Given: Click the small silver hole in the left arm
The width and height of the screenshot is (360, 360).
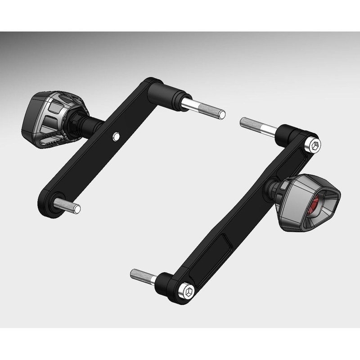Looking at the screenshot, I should pyautogui.click(x=117, y=135).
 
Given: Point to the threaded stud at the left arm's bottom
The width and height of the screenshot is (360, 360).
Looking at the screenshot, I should pyautogui.click(x=70, y=207).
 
